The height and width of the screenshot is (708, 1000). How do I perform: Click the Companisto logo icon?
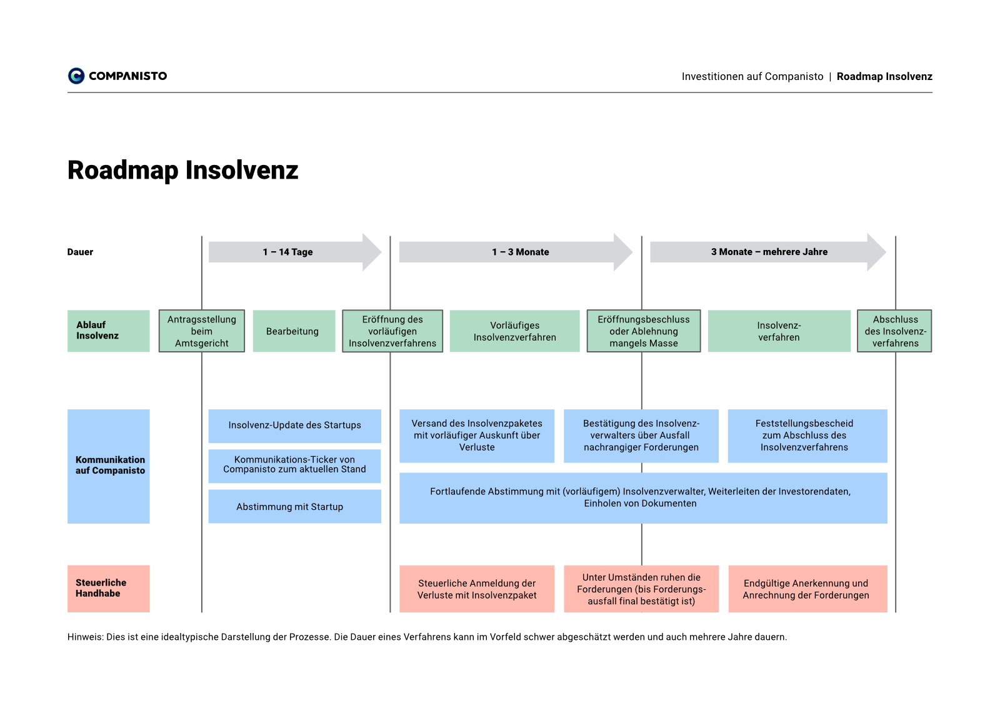tap(76, 76)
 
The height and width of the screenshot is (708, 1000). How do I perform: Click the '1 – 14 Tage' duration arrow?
tap(294, 252)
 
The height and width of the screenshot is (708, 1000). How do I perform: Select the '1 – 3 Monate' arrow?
tap(516, 252)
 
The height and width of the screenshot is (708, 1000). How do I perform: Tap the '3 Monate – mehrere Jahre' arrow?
tap(768, 252)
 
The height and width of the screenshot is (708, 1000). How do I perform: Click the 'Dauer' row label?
tap(81, 252)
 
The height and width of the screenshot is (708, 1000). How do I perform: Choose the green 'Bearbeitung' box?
tap(294, 331)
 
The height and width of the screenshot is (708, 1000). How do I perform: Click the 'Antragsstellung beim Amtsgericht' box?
tap(202, 331)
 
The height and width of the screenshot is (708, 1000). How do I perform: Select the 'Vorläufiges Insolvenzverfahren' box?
tap(515, 331)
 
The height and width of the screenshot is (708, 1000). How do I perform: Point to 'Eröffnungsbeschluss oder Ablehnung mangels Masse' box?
tap(644, 331)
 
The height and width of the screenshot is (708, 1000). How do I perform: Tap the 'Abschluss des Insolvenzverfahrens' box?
tap(894, 331)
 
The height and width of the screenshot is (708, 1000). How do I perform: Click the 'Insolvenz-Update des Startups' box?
tap(294, 426)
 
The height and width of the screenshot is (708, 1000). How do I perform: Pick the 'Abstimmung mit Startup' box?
tap(294, 507)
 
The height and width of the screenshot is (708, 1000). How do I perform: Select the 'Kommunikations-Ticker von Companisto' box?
tap(294, 466)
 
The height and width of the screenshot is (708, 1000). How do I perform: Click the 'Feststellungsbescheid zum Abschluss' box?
tap(807, 436)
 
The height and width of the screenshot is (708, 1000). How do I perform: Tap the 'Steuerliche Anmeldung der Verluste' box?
tap(477, 589)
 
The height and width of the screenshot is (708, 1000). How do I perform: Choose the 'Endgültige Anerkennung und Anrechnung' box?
tap(808, 589)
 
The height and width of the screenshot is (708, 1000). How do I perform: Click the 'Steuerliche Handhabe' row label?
tap(109, 589)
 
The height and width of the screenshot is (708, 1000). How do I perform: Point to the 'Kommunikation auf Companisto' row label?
tap(109, 467)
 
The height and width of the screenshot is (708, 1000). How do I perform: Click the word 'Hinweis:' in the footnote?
tap(85, 637)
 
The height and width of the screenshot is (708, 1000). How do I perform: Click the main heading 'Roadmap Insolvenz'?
tap(182, 171)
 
